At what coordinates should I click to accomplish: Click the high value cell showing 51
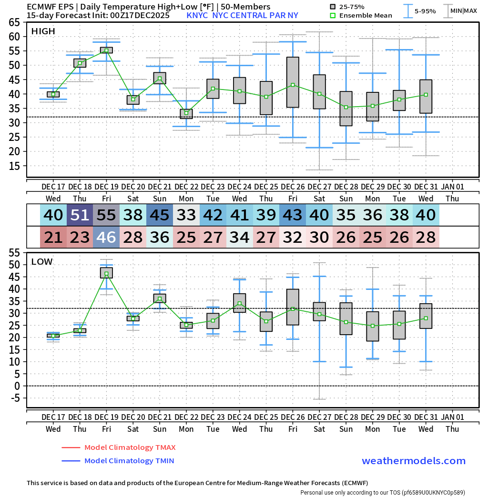click(x=80, y=215)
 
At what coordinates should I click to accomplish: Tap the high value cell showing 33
click(x=186, y=215)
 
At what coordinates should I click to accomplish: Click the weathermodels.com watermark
click(x=413, y=461)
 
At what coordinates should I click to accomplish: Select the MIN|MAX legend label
click(x=463, y=11)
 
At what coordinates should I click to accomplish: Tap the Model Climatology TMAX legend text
click(x=130, y=447)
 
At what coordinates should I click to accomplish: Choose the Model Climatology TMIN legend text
click(x=129, y=461)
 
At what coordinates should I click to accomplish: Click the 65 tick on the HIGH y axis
click(x=14, y=22)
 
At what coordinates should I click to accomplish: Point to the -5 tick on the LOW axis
click(x=16, y=398)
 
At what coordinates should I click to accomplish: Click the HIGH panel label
click(x=43, y=31)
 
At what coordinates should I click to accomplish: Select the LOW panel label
click(x=42, y=262)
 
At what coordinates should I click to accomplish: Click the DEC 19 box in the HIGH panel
click(x=106, y=50)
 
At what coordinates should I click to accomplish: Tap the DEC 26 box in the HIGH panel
click(x=293, y=82)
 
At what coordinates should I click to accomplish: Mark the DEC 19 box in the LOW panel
click(x=106, y=272)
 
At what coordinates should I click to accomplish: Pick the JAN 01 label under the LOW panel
click(x=452, y=417)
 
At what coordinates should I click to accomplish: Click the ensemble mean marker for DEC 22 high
click(x=186, y=113)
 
